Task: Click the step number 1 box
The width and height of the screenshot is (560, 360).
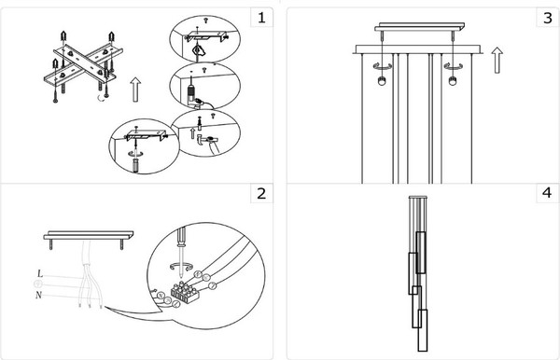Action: pos(261,17)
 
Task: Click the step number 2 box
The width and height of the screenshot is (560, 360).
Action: pos(261,193)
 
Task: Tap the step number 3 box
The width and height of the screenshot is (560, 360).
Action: pos(548,17)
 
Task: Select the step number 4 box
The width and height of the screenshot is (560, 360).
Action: pos(548,193)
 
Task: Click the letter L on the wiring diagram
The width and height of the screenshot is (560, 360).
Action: pos(40,273)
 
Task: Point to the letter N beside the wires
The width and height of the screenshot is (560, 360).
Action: pos(38,295)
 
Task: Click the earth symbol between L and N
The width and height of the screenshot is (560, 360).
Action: pos(38,284)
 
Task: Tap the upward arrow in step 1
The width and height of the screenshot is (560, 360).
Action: pos(135,90)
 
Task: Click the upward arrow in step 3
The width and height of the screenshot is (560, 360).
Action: pos(497,60)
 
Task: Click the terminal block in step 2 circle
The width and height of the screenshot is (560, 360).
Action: pos(185,293)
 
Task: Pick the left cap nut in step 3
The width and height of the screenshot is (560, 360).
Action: pos(382,80)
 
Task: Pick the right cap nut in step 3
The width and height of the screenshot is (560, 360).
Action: pos(453,80)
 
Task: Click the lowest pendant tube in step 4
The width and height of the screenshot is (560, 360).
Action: pos(423,330)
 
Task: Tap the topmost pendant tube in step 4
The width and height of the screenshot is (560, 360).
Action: pos(421,253)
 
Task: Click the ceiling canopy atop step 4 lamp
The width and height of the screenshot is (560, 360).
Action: pos(418,197)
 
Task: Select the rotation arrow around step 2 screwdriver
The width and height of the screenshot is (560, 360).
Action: pos(181,267)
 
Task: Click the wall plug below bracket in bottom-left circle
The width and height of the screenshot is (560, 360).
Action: pos(135,166)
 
